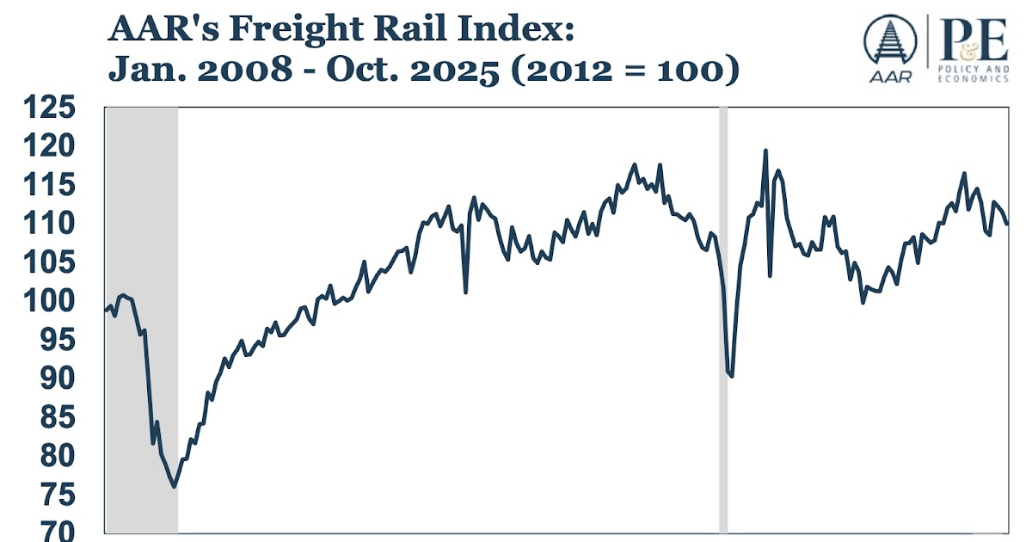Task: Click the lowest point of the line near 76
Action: click(175, 487)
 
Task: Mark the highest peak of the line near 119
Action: click(765, 151)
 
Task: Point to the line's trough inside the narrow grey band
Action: click(731, 376)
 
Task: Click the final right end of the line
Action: click(1007, 224)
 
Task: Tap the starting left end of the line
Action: click(106, 310)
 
